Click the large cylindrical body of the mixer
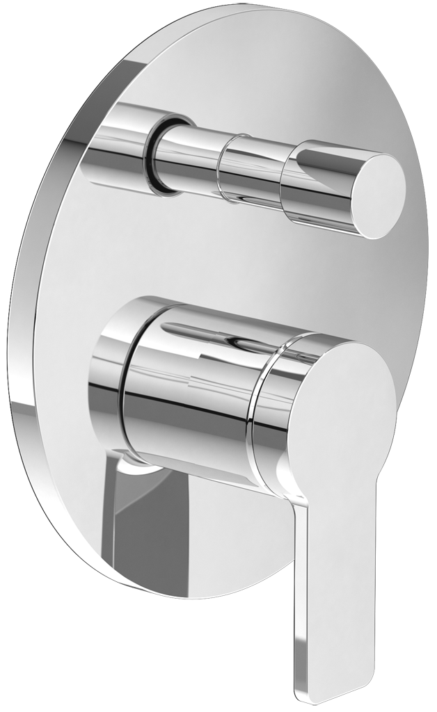pos(188,403)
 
